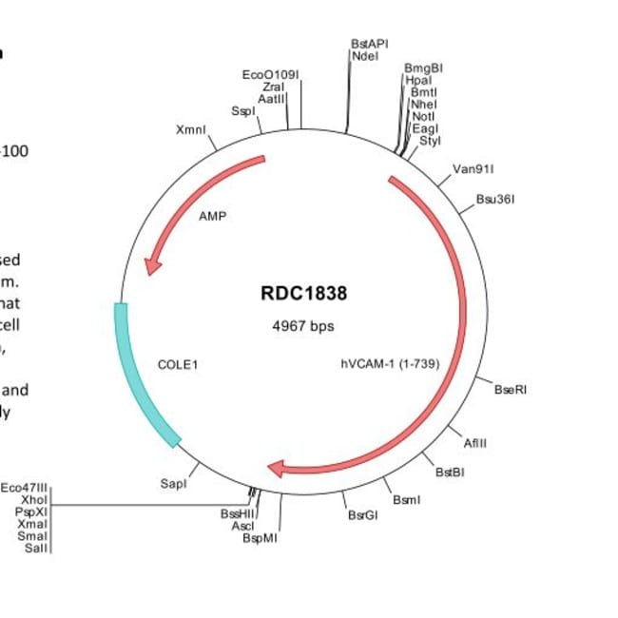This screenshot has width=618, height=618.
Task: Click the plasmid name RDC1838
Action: click(303, 294)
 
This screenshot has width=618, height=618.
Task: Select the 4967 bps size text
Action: click(303, 326)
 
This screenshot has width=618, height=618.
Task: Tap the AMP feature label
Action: click(213, 216)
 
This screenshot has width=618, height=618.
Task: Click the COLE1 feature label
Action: click(179, 364)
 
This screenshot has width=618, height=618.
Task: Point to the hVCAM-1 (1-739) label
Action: click(390, 363)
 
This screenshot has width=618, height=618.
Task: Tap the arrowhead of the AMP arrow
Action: click(150, 267)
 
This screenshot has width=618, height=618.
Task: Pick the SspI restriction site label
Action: click(243, 111)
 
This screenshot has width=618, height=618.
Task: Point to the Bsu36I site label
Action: click(494, 200)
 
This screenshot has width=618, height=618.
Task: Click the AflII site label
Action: click(475, 443)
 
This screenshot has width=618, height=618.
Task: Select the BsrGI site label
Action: click(362, 515)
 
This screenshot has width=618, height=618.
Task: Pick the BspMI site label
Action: click(260, 537)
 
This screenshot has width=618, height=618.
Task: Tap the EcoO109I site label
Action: click(270, 74)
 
